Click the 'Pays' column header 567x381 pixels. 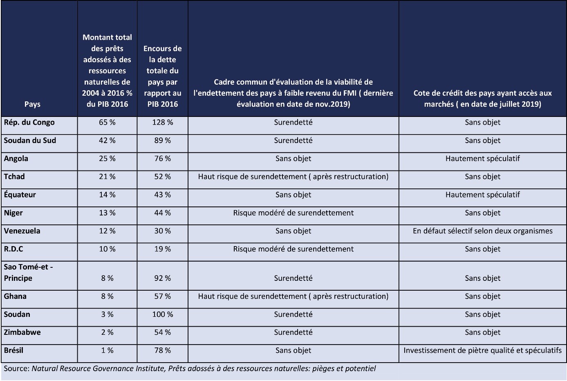click(32, 104)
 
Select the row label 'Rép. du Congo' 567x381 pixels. click(29, 122)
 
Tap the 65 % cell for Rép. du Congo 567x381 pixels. click(107, 122)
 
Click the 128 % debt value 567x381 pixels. click(162, 122)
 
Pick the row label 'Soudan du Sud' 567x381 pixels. click(30, 140)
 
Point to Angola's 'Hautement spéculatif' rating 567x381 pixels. click(482, 158)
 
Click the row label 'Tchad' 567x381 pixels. click(14, 177)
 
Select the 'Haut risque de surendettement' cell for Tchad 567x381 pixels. click(293, 177)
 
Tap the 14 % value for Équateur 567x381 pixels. click(107, 195)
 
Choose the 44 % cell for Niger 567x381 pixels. click(162, 213)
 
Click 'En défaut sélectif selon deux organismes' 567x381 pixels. click(482, 231)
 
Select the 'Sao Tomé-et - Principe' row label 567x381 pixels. click(28, 272)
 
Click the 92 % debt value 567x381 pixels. click(162, 278)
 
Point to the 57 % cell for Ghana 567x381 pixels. click(162, 296)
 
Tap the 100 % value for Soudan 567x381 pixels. click(162, 314)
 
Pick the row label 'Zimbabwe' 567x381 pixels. click(22, 332)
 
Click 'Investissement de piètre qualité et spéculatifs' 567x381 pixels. click(482, 350)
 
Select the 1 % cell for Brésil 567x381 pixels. click(107, 350)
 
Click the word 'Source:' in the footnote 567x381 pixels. click(16, 368)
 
